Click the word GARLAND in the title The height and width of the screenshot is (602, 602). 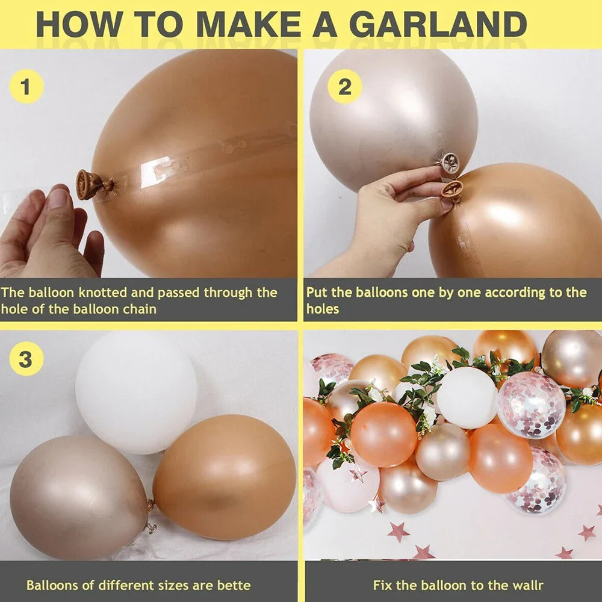point(438,25)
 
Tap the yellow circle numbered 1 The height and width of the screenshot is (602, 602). point(26,88)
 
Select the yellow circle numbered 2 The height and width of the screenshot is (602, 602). point(344,88)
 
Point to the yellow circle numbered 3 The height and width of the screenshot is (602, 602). point(26,360)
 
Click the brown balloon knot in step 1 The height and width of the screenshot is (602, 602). point(88,184)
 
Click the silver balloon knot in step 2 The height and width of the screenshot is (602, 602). point(449,163)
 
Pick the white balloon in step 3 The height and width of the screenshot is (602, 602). point(136,391)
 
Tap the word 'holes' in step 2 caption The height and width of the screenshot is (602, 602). point(323,309)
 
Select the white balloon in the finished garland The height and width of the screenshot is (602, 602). point(467,397)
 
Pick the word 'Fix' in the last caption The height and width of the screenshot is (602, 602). point(382,585)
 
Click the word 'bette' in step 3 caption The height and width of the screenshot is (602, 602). point(231,585)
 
